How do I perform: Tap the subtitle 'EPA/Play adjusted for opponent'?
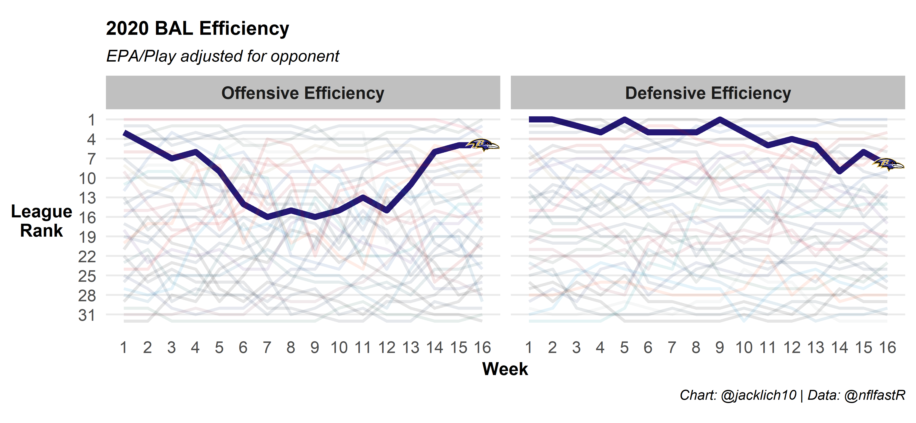pyautogui.click(x=223, y=56)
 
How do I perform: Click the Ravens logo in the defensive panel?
pyautogui.click(x=888, y=164)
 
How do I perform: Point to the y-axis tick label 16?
pyautogui.click(x=87, y=218)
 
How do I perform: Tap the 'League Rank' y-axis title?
pyautogui.click(x=42, y=221)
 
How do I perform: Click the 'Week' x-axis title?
pyautogui.click(x=505, y=369)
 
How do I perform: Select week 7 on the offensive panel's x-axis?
pyautogui.click(x=267, y=348)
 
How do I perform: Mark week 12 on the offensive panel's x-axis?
pyautogui.click(x=387, y=348)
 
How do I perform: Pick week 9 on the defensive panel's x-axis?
pyautogui.click(x=720, y=348)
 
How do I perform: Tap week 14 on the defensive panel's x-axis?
pyautogui.click(x=839, y=348)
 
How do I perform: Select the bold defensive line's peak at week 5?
pyautogui.click(x=625, y=119)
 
